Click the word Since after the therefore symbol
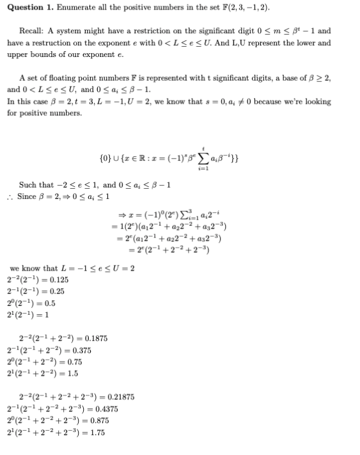28,196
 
